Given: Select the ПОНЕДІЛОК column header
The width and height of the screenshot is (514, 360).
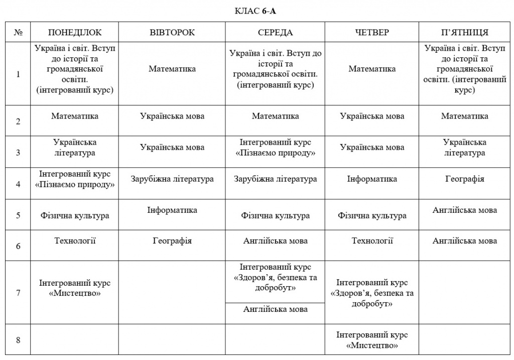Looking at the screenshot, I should point(75,33).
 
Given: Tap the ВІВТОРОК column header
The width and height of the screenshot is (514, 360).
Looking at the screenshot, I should point(172,33).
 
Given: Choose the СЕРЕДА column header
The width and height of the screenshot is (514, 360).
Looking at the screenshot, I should point(275,33).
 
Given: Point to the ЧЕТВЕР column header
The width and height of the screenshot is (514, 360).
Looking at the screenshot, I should point(372,33).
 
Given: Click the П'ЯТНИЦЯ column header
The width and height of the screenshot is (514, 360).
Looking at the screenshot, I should point(464,33).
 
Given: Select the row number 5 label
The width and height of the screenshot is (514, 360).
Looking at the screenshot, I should point(18,215).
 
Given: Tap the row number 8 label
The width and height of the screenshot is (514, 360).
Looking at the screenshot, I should point(18,340).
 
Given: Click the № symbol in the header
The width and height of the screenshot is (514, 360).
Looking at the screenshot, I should point(18,33).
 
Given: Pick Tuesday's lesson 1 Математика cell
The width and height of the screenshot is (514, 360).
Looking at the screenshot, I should point(172,69).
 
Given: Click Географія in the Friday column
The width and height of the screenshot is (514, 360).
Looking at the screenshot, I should point(464,179).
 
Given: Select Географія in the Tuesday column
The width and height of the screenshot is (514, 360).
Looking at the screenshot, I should point(172,241).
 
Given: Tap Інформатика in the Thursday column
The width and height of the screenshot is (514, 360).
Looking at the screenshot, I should point(372,179).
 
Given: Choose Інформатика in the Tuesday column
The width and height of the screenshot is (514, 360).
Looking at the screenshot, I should point(172,210).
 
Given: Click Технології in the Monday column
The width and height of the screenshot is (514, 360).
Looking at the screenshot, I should point(75,241).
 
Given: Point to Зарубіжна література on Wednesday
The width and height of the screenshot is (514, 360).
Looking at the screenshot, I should point(275,179).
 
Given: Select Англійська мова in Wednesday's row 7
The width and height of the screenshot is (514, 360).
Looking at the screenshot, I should point(275,309).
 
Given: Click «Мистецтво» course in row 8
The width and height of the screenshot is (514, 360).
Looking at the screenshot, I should point(372,340).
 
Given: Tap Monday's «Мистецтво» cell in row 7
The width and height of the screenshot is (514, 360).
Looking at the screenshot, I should point(75,288).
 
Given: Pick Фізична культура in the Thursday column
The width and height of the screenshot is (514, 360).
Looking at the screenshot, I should point(372,216).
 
